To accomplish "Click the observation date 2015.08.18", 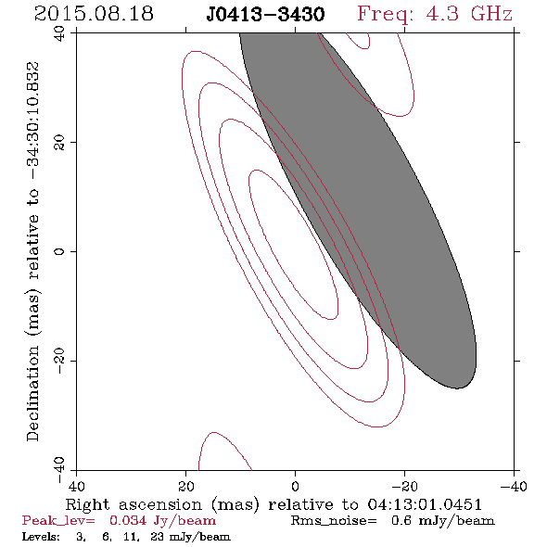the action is (x=94, y=14).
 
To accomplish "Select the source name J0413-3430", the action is (x=265, y=15).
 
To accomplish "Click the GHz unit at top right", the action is (x=491, y=14).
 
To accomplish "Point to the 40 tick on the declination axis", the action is (x=59, y=33).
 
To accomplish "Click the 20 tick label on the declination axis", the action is (x=59, y=143).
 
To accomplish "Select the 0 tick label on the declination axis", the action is (x=59, y=251).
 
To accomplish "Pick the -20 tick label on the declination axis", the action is (x=59, y=361).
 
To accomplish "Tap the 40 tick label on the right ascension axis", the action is (x=76, y=486).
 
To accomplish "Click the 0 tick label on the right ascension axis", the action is (x=295, y=486).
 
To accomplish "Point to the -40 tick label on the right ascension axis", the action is (x=514, y=486).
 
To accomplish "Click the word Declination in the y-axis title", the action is (x=32, y=393).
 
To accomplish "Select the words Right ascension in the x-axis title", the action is (x=134, y=504).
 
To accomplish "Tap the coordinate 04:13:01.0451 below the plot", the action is (x=425, y=504).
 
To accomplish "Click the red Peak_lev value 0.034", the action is (x=128, y=521).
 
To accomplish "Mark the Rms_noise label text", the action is (x=334, y=521).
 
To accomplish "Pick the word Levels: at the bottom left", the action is (x=41, y=537).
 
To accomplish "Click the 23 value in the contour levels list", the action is (x=157, y=537).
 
